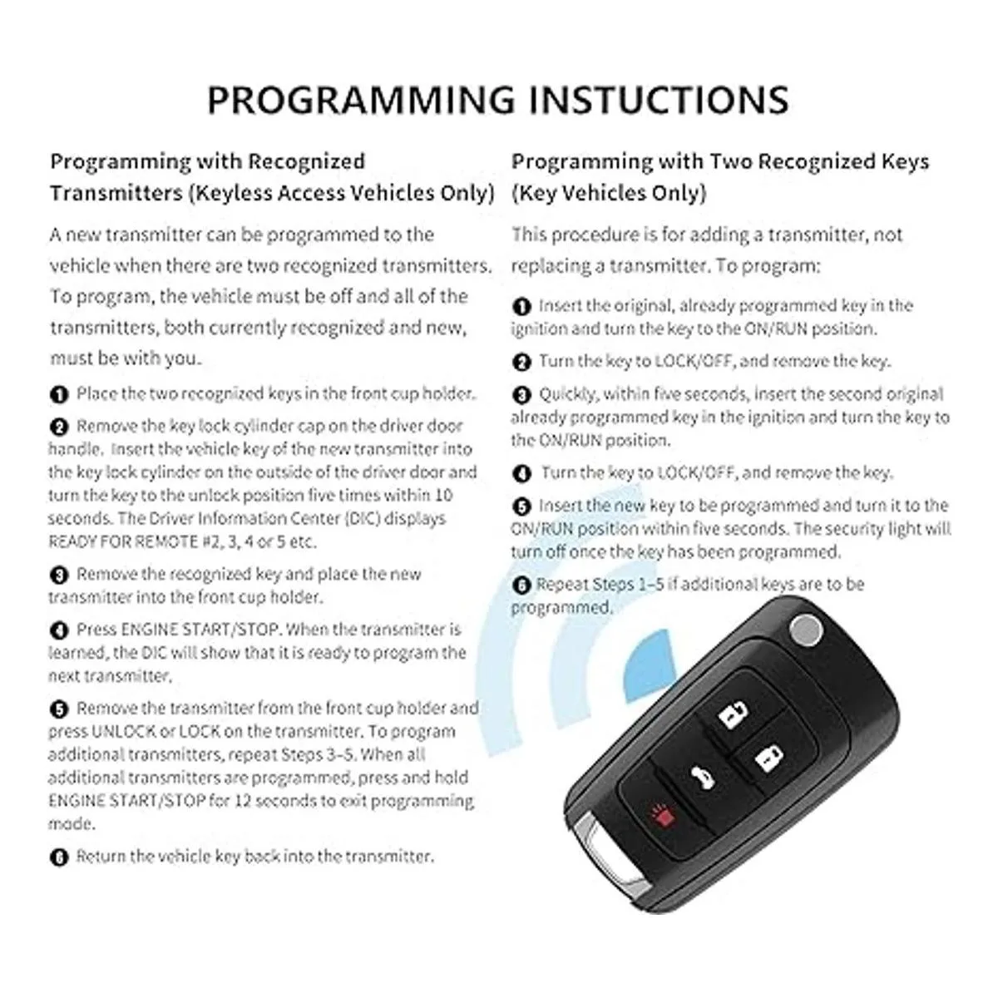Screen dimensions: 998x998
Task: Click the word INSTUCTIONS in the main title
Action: [x=659, y=100]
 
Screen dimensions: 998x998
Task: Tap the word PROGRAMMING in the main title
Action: [x=362, y=100]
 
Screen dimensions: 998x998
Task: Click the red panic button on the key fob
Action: [x=663, y=817]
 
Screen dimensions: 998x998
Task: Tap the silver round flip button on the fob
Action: [x=806, y=630]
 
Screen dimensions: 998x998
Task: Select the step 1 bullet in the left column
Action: [x=59, y=395]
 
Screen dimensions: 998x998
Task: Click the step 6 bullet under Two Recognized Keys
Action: [x=521, y=585]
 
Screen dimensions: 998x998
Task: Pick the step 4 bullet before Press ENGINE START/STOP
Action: [x=59, y=630]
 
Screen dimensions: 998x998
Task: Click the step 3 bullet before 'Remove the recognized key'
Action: [x=59, y=575]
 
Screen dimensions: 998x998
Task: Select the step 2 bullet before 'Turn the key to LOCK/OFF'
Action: [x=521, y=362]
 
